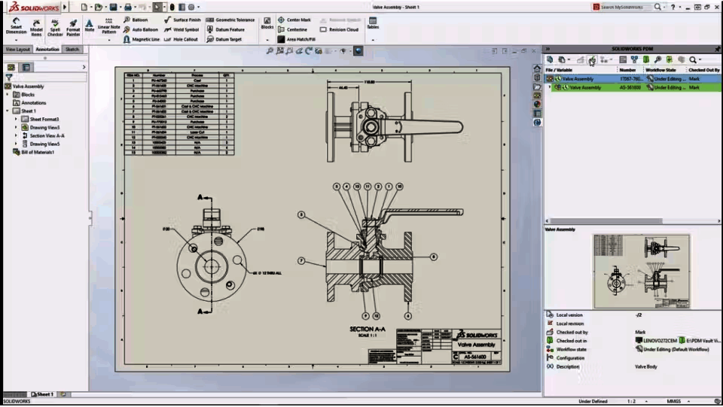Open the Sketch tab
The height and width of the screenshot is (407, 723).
(72, 49)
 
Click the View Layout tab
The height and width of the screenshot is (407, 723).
(18, 49)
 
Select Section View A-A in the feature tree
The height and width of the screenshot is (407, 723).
(47, 135)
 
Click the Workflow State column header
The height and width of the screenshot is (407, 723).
(660, 70)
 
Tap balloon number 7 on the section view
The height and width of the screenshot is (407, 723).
(300, 261)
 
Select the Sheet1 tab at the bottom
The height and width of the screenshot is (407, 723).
(44, 394)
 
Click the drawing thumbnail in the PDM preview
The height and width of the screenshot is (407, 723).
(640, 270)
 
